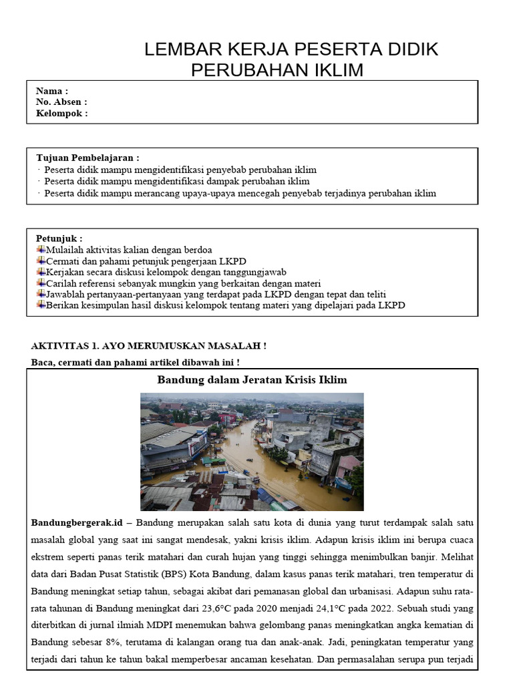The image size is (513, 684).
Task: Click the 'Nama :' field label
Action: pyautogui.click(x=52, y=91)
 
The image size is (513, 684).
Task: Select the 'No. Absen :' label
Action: pyautogui.click(x=61, y=102)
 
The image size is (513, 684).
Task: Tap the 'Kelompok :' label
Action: pyautogui.click(x=62, y=114)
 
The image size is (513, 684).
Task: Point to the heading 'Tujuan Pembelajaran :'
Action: pyautogui.click(x=88, y=158)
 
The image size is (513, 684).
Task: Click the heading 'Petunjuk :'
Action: pyautogui.click(x=59, y=238)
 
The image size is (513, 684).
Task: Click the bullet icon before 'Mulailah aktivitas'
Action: pyautogui.click(x=41, y=250)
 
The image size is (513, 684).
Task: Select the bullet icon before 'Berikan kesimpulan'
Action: pyautogui.click(x=41, y=305)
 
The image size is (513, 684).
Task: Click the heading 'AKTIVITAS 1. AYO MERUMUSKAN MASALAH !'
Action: pyautogui.click(x=149, y=345)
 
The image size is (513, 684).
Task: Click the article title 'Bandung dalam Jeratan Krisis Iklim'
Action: pyautogui.click(x=252, y=379)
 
